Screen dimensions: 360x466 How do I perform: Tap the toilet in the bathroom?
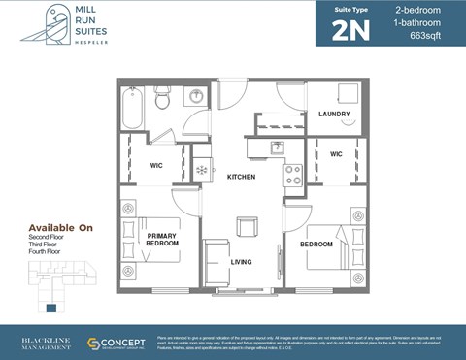tap(163, 98)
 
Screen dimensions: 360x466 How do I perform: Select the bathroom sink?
tap(197, 97)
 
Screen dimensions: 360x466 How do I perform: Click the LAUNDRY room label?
tap(334, 115)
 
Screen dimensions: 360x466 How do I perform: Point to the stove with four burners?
tap(292, 175)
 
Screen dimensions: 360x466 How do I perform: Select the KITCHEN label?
tap(241, 178)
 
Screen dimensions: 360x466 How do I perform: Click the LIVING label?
tap(242, 261)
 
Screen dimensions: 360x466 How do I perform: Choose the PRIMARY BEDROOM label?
tap(162, 240)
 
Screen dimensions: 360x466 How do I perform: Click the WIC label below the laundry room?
tap(336, 154)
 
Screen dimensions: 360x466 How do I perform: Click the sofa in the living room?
tap(216, 262)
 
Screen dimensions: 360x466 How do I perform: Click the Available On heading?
tap(60, 227)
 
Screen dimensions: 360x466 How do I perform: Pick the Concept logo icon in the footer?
tap(95, 344)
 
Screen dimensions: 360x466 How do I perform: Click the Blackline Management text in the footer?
tap(47, 344)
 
